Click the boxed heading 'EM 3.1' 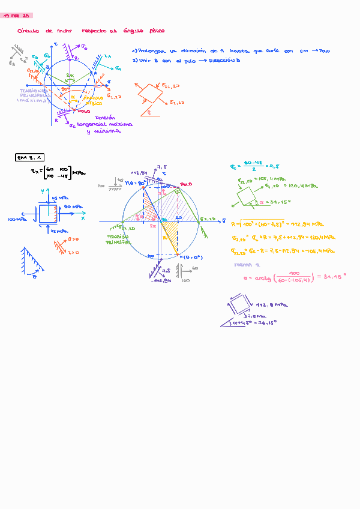pyautogui.click(x=30, y=157)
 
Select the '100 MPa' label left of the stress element pyautogui.click(x=17, y=220)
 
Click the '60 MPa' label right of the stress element pyautogui.click(x=71, y=207)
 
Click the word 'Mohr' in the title pyautogui.click(x=64, y=31)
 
